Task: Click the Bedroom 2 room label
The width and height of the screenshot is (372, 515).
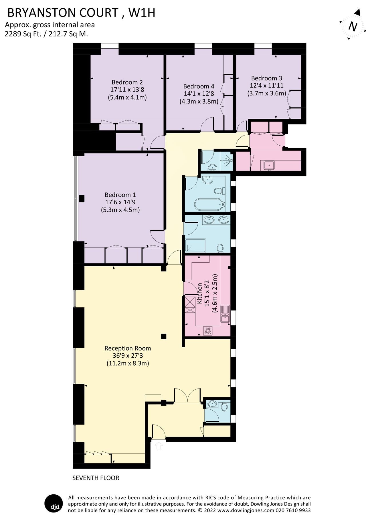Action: (x=127, y=82)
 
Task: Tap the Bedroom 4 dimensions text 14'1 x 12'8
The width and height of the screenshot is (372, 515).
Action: (x=199, y=94)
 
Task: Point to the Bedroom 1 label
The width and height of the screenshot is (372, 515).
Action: (x=120, y=195)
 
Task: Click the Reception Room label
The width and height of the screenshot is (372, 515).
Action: (x=128, y=348)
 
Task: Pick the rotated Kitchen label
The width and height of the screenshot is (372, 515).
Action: (x=200, y=293)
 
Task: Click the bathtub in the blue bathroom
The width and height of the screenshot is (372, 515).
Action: (x=208, y=204)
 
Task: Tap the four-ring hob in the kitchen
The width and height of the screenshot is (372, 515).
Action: (x=208, y=331)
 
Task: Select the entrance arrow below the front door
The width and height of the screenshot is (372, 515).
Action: (x=159, y=445)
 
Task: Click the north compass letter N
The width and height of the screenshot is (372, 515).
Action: (x=353, y=27)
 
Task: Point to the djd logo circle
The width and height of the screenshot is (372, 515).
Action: (x=53, y=503)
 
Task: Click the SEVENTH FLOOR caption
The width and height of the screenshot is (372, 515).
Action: (x=96, y=478)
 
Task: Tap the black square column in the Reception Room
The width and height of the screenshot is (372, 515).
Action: (x=163, y=336)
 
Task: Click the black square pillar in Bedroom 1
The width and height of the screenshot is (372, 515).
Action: (x=82, y=198)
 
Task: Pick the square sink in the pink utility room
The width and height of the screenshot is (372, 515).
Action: (x=269, y=165)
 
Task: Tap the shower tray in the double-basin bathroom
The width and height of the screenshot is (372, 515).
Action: (x=195, y=245)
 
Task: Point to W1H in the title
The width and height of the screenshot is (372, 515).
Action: (x=142, y=13)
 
